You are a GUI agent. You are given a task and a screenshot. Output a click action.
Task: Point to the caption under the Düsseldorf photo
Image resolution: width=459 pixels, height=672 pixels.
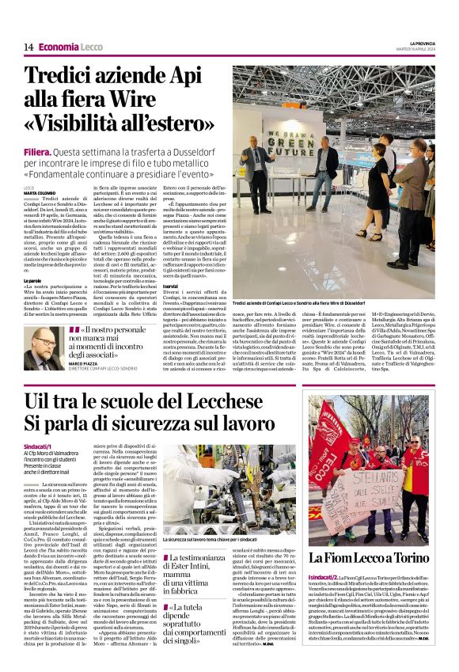coord(299,302)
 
